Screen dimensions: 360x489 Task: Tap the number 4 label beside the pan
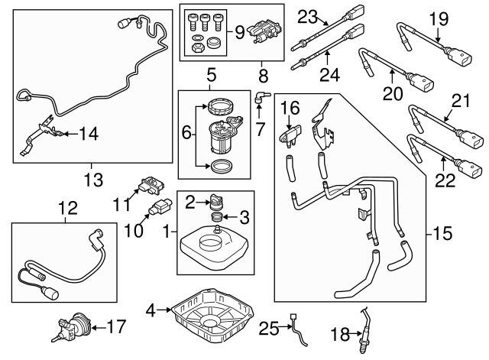pos(151,310)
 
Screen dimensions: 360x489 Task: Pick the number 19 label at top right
pos(436,18)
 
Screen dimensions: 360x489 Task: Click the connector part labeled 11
pos(151,186)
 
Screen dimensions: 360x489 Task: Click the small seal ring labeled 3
pos(216,219)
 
